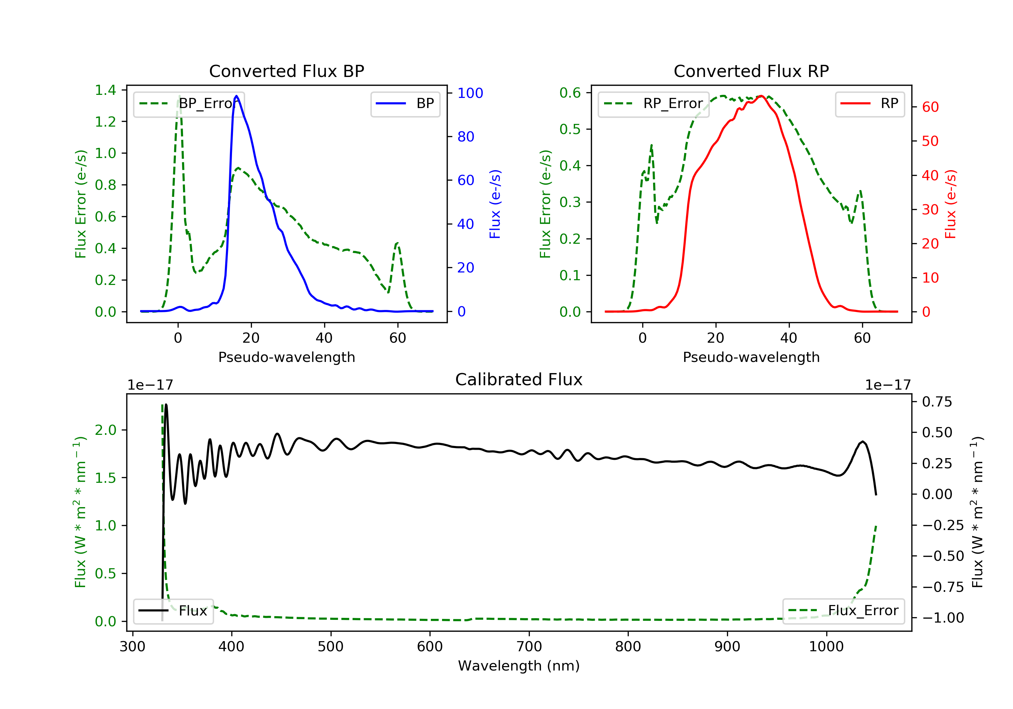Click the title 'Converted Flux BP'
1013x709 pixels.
286,71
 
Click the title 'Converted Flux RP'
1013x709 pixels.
751,71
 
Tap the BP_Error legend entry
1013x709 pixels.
189,104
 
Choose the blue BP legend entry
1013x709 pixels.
405,104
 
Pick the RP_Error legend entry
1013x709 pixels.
653,104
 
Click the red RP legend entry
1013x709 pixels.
869,104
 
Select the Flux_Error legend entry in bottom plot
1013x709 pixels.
843,611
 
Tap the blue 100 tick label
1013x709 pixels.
470,93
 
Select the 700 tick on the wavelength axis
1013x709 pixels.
529,647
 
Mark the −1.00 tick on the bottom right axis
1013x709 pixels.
943,618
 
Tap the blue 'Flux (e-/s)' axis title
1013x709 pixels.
495,204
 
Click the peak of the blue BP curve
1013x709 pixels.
236,96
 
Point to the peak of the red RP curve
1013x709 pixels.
761,96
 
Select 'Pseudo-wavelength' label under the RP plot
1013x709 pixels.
751,357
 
